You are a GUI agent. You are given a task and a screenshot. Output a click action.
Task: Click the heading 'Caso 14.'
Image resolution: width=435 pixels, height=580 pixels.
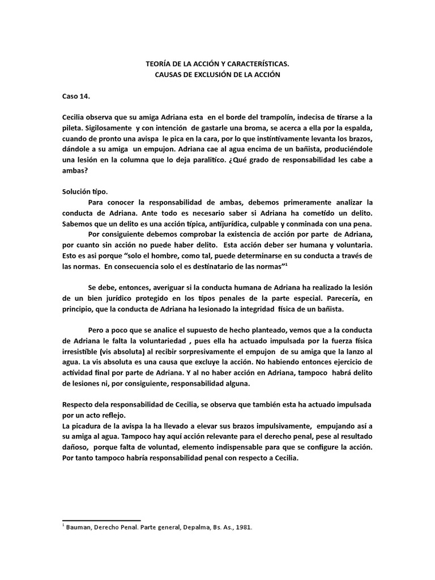(76, 96)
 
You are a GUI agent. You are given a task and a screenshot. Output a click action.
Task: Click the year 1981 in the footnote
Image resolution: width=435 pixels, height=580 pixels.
(243, 527)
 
